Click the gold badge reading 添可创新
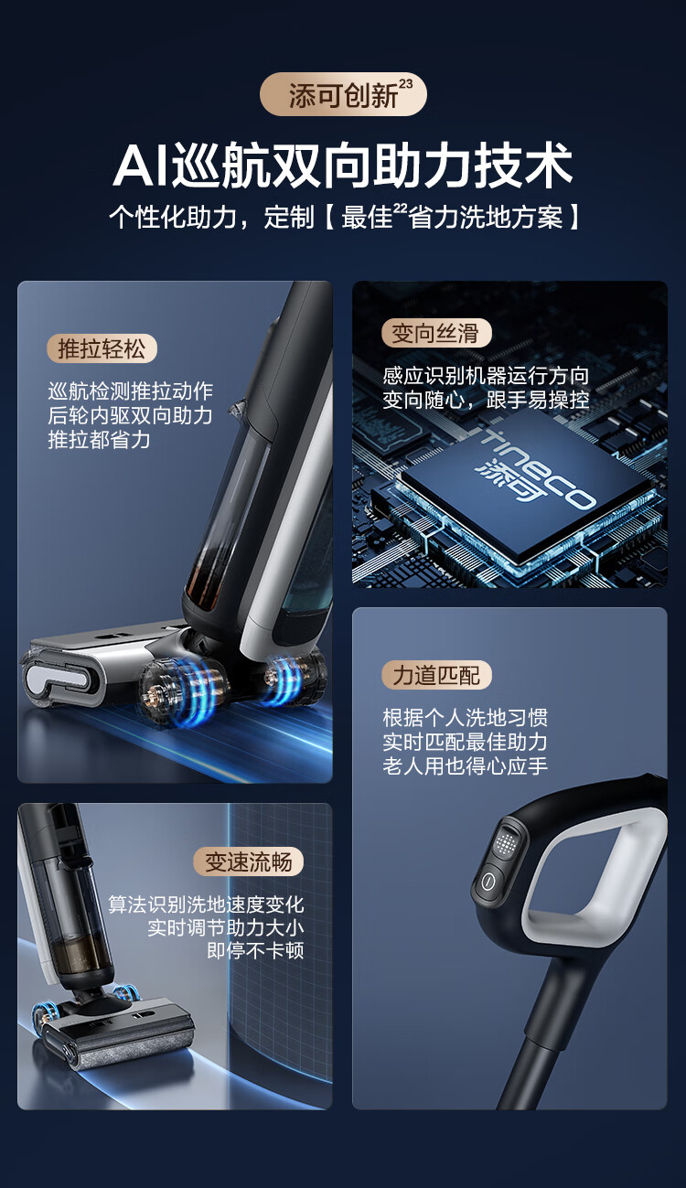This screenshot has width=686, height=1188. (343, 94)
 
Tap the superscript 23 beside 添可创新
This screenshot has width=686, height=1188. (405, 84)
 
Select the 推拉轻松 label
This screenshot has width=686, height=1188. (102, 349)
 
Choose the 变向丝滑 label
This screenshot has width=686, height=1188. (436, 333)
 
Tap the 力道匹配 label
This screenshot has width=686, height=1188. (436, 675)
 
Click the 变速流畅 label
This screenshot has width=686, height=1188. (248, 862)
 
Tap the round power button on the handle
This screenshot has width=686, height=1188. (488, 881)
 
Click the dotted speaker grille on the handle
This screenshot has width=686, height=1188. (506, 840)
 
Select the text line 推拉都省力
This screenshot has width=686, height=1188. (99, 440)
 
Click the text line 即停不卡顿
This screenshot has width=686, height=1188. (255, 950)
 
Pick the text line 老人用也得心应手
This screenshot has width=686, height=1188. (466, 765)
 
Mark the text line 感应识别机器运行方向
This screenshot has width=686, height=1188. (486, 376)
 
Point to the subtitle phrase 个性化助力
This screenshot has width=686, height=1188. (173, 218)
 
